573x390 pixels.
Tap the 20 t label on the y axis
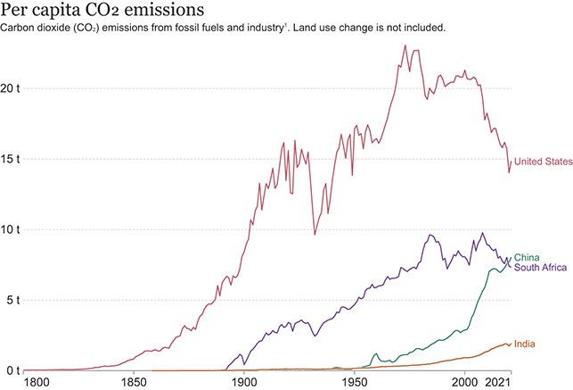click(x=12, y=89)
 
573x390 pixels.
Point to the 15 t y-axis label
click(x=12, y=160)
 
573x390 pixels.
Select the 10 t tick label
click(x=12, y=229)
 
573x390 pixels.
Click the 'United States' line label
click(x=542, y=162)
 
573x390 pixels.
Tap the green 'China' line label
click(x=527, y=258)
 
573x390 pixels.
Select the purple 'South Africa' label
click(x=541, y=268)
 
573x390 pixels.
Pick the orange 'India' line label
click(x=524, y=344)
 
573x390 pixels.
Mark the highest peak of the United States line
click(x=405, y=46)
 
